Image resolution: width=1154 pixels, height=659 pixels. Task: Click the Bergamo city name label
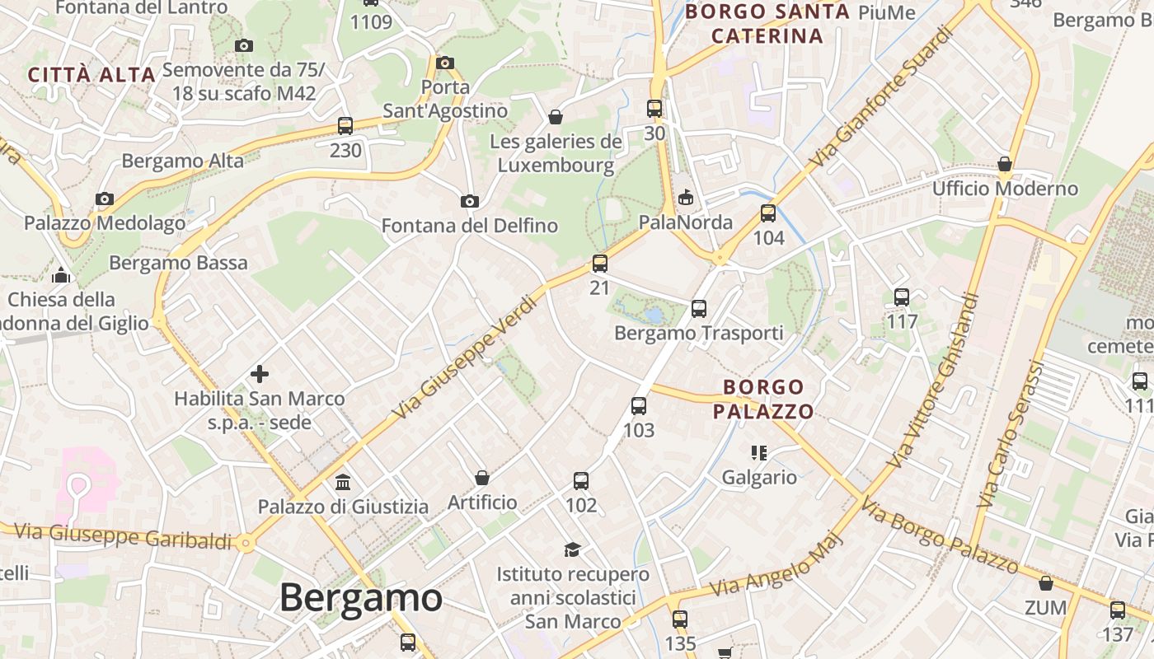[361, 597]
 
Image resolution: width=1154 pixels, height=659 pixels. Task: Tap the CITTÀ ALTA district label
[91, 75]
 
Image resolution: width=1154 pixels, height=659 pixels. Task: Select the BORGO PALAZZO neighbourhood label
[763, 399]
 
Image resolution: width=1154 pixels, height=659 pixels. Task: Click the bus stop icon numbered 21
[600, 264]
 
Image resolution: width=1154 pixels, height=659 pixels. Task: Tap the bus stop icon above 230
[345, 126]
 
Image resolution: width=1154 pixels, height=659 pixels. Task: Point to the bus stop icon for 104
[768, 213]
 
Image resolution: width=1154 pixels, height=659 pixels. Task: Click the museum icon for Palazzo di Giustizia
[343, 482]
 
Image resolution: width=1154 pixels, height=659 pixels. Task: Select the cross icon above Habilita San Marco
[260, 374]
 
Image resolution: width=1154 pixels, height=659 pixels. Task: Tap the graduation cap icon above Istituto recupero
[572, 549]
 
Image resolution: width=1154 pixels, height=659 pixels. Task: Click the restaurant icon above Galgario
[759, 452]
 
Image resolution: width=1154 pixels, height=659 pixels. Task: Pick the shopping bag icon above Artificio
[482, 478]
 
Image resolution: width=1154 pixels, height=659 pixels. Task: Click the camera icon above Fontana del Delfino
[469, 201]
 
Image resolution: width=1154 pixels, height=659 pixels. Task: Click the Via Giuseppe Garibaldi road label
[124, 536]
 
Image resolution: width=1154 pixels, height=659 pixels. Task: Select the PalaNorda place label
[686, 222]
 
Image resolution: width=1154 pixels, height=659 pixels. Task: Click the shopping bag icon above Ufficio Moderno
[1005, 164]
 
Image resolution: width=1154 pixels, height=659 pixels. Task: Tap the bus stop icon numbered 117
[902, 297]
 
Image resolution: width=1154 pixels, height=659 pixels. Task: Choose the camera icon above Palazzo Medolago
[104, 199]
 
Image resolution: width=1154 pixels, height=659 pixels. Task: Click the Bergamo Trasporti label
[699, 334]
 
